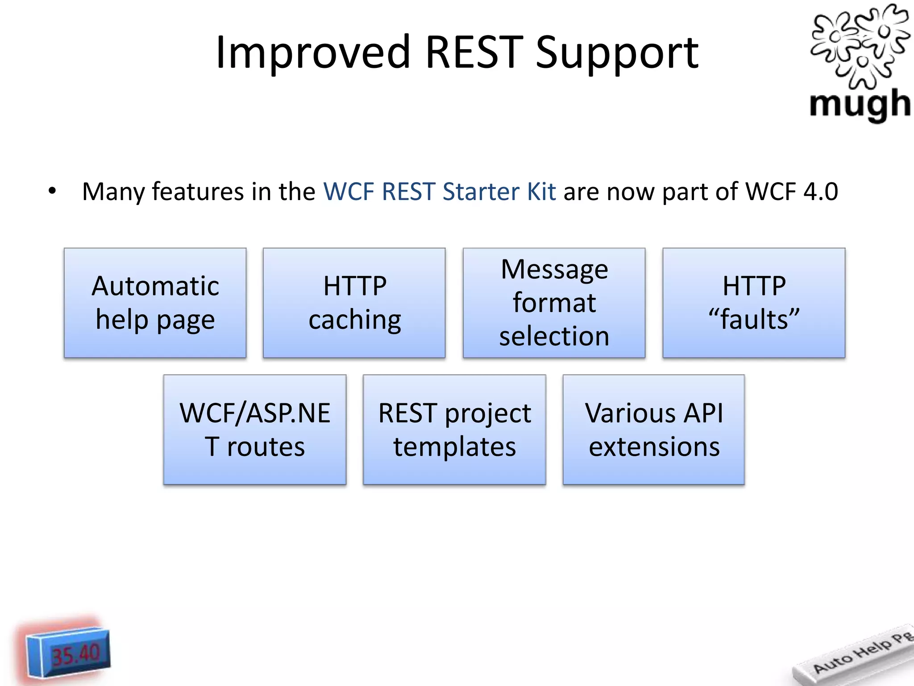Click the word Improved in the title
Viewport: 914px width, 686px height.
point(312,53)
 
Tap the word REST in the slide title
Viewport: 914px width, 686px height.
point(474,53)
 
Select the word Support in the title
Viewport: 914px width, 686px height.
point(617,53)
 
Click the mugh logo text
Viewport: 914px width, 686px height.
point(860,104)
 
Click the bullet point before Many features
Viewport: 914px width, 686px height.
point(53,191)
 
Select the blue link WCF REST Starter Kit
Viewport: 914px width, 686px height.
point(440,191)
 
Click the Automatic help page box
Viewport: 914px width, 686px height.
point(155,303)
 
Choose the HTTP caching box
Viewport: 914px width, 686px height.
point(354,303)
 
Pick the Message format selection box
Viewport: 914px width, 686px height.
point(554,303)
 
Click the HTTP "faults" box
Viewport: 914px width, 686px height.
point(754,303)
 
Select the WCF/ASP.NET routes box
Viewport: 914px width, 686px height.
point(255,430)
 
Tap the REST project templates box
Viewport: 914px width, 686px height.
point(454,430)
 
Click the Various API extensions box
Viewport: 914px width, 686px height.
point(654,430)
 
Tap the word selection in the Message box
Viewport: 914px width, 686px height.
point(554,336)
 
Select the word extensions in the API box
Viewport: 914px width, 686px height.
point(654,447)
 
